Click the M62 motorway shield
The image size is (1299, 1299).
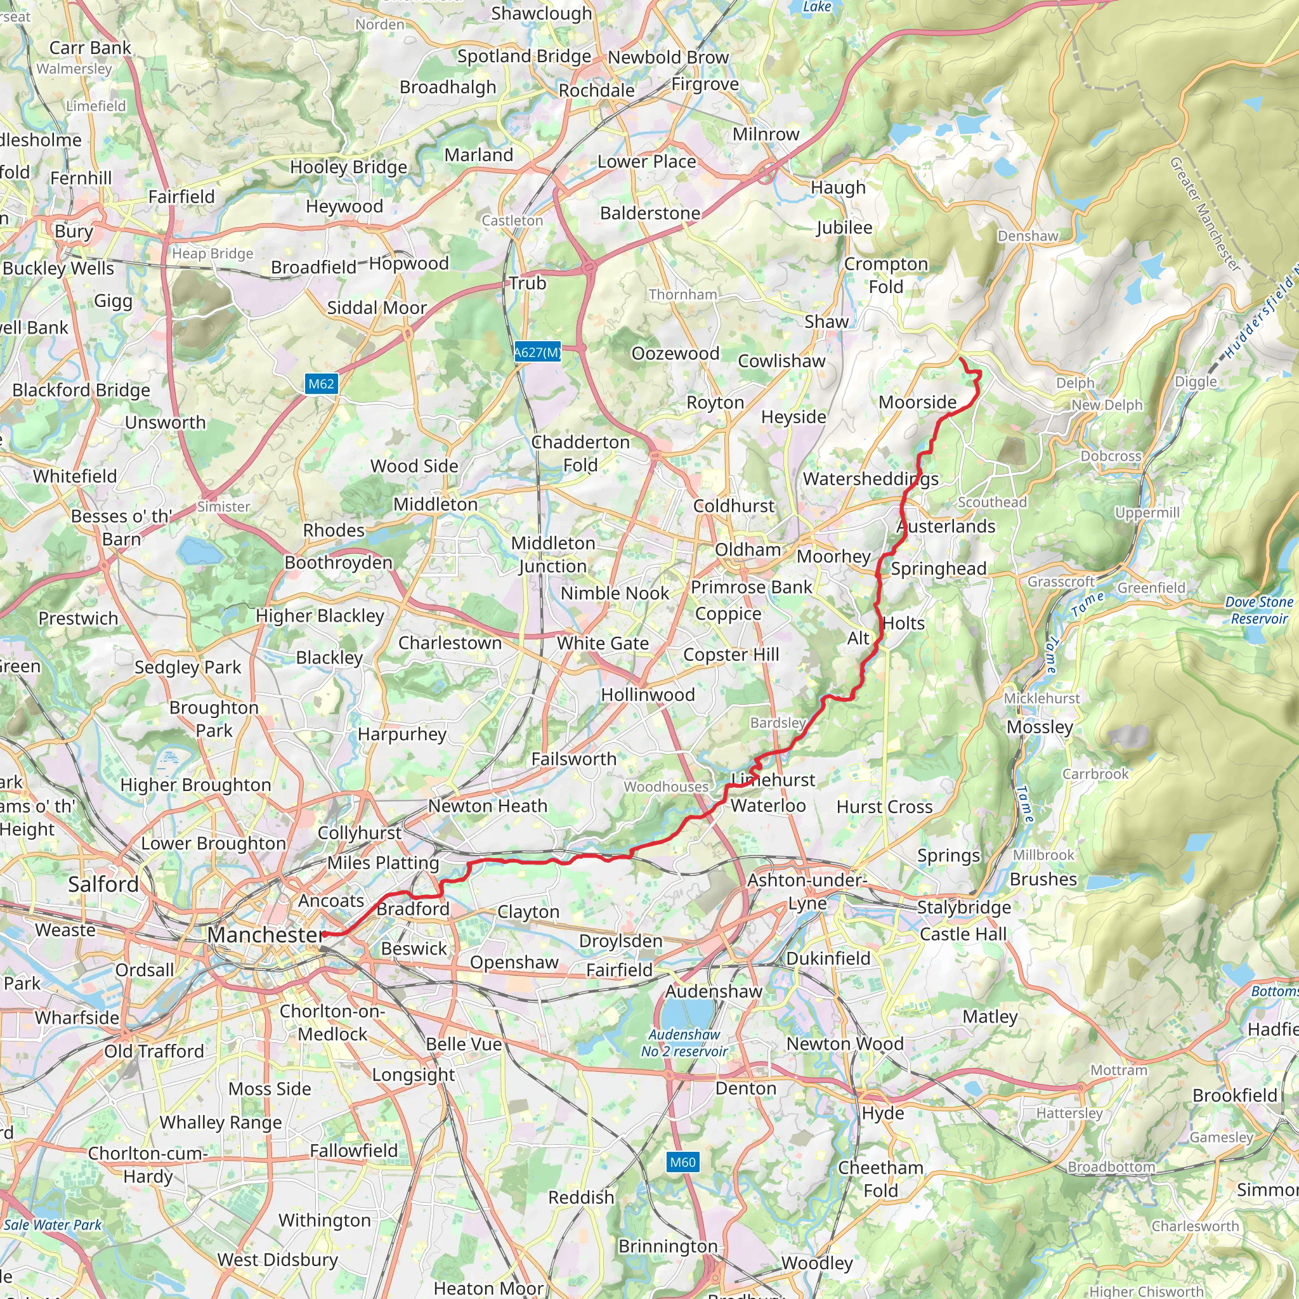(321, 384)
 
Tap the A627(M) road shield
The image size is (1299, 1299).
(537, 352)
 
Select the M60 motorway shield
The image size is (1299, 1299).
(682, 1162)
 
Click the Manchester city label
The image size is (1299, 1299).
(265, 934)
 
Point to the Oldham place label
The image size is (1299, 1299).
(747, 549)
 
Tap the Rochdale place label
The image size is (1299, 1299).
(596, 90)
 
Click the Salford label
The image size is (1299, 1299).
(103, 884)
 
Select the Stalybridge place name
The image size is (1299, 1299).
(963, 907)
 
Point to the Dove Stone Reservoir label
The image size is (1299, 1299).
(1258, 610)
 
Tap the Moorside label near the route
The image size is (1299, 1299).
(917, 402)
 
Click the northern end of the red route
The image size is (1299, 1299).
(960, 360)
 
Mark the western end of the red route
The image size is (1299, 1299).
(324, 934)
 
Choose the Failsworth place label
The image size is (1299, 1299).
(573, 759)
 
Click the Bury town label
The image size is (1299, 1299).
(74, 232)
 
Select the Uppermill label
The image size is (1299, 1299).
(1147, 512)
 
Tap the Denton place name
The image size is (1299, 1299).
(746, 1088)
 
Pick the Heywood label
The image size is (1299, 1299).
(344, 206)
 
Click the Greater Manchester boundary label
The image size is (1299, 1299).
(1204, 214)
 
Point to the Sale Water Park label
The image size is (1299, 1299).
(53, 1224)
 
